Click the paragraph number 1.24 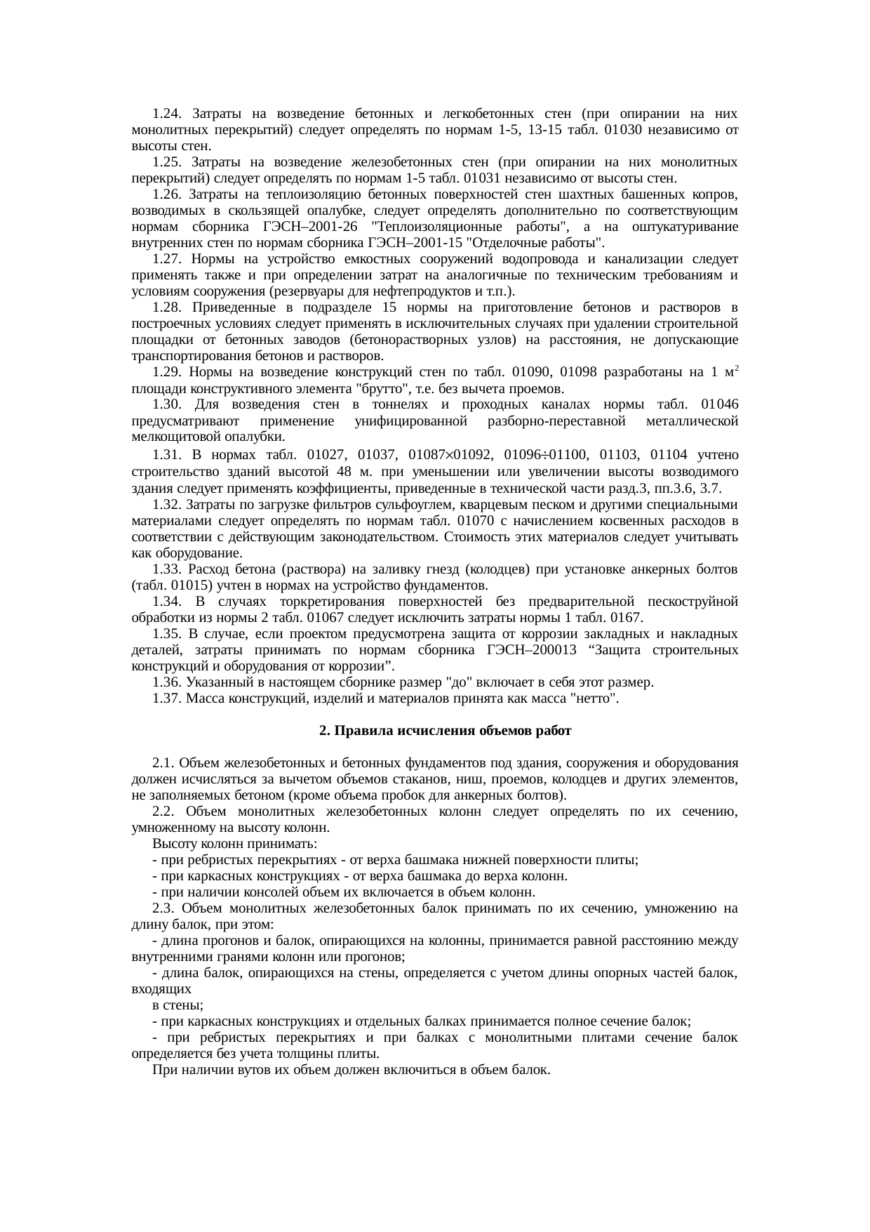[x=167, y=114]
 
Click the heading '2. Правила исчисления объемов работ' [x=445, y=731]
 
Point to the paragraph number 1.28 [x=167, y=307]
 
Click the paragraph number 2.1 [x=163, y=763]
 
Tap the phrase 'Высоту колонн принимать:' [x=234, y=844]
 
